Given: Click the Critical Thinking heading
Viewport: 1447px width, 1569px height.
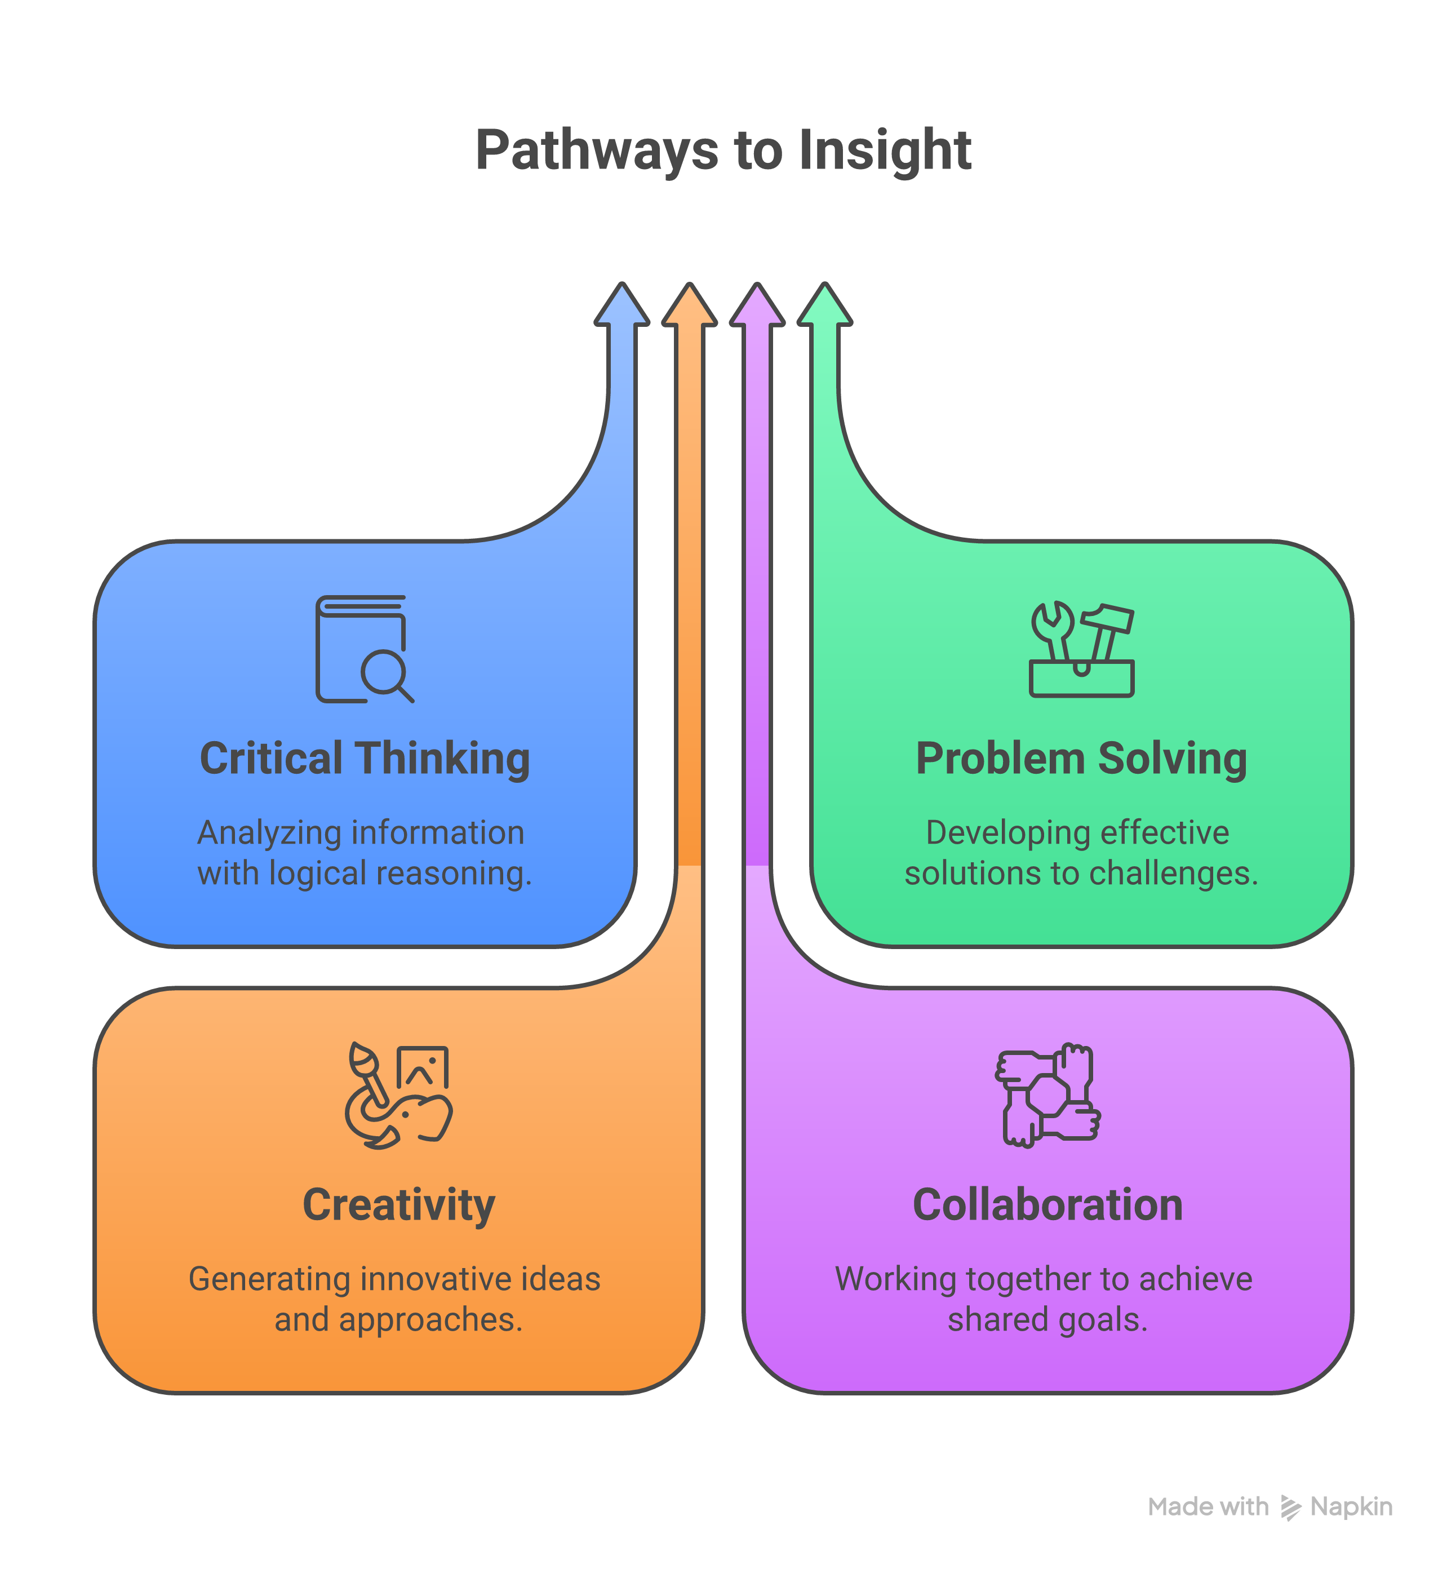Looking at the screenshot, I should tap(365, 759).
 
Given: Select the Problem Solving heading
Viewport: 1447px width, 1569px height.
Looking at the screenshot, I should tap(1081, 759).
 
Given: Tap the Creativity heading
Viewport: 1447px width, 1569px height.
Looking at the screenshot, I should tap(398, 1205).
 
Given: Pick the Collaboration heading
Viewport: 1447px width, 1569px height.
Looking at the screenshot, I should tap(1047, 1205).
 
